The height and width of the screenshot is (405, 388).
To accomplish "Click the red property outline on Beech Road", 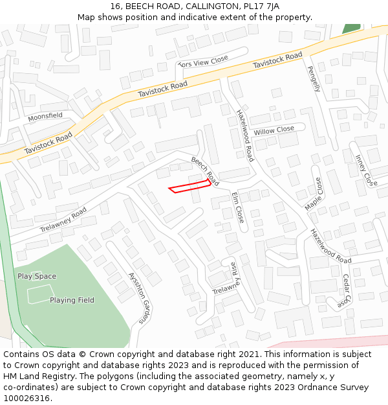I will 190,185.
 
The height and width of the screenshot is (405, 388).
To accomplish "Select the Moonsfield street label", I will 45,116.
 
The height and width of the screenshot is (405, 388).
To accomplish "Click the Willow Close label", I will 274,130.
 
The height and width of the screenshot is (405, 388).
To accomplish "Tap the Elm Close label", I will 238,207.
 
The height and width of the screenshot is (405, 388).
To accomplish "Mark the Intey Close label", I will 366,170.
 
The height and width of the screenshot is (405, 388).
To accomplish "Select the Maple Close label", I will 314,194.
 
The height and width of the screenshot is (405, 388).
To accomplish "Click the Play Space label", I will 37,276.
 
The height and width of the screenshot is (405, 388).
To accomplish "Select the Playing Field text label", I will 72,300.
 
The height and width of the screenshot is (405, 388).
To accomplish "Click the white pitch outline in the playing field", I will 39,295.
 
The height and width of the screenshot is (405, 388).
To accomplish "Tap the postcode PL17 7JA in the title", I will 271,6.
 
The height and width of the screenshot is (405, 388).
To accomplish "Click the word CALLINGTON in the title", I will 210,6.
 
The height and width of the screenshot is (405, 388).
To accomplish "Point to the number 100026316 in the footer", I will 27,398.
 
